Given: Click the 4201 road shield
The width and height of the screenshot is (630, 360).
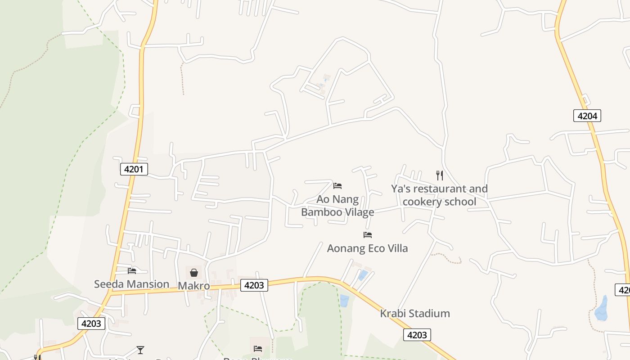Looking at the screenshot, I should click(134, 169).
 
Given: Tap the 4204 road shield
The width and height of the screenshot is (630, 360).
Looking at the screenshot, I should click(587, 116).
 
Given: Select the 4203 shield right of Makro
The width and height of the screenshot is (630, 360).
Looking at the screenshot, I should click(254, 285).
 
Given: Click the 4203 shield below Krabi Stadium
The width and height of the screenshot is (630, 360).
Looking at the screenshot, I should click(417, 335).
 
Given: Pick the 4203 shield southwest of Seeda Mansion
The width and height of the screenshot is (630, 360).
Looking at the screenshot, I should click(91, 323).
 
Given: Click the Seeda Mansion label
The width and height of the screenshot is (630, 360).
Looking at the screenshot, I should click(131, 284).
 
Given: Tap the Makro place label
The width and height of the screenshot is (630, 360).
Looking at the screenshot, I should click(194, 286).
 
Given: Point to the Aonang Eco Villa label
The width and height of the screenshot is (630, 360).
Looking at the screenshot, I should click(367, 248).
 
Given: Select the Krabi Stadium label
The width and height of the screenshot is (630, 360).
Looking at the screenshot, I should click(415, 313).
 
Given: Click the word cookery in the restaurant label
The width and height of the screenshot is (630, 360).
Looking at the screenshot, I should click(422, 201).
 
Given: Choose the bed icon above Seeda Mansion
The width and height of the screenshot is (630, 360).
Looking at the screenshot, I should click(132, 270).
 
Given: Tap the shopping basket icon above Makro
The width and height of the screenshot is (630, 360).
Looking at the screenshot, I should click(194, 273).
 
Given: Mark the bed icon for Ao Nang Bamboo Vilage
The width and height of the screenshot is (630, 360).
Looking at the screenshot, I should click(337, 185).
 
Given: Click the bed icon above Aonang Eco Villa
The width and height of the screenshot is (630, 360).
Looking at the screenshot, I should click(368, 234).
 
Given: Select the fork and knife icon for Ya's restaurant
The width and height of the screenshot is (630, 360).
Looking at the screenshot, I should click(440, 175).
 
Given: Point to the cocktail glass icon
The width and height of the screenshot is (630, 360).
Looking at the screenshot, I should click(140, 350).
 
